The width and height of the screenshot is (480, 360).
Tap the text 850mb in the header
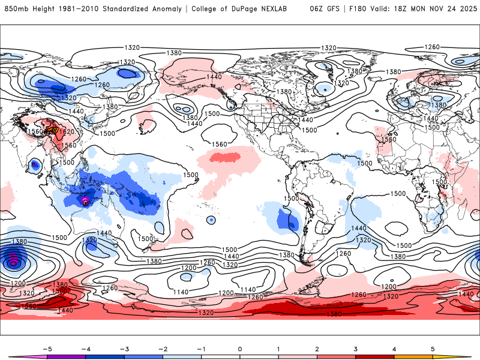[14, 9]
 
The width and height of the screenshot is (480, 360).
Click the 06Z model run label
[317, 9]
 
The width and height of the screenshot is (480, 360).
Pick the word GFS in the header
[333, 9]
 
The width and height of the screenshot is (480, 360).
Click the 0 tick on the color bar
[240, 348]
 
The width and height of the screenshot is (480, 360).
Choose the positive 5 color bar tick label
[433, 348]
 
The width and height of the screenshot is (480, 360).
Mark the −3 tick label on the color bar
[124, 348]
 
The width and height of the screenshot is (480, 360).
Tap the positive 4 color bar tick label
[394, 348]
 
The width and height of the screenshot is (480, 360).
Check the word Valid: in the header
[381, 9]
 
